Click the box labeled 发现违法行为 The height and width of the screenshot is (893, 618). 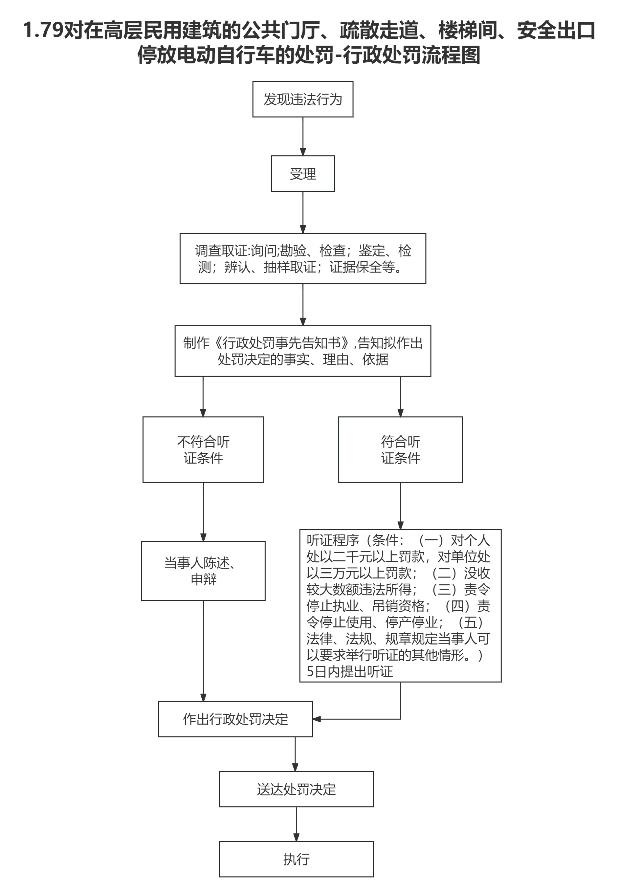click(302, 99)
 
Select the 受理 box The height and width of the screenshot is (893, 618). click(302, 173)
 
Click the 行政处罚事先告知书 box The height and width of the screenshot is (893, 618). click(302, 351)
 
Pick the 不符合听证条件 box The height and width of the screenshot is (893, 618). click(203, 449)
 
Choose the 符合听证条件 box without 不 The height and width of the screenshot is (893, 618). click(400, 449)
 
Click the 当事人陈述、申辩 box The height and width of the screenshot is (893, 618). click(203, 571)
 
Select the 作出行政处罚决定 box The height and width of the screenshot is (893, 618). click(235, 719)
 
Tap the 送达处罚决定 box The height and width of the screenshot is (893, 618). click(296, 789)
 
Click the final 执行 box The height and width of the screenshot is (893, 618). click(296, 859)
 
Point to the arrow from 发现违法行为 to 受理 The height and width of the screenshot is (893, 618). click(303, 136)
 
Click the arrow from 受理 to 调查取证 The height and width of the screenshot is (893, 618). click(303, 212)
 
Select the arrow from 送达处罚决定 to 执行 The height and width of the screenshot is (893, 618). click(296, 824)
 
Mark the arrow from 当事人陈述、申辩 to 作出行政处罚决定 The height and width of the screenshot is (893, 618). click(203, 650)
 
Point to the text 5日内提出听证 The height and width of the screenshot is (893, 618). click(350, 671)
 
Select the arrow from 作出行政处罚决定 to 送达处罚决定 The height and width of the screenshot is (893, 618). click(295, 754)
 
